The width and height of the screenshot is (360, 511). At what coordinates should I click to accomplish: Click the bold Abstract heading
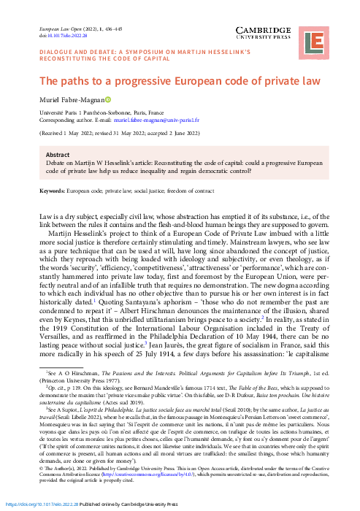[x=57, y=155]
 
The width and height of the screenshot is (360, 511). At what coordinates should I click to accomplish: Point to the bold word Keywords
[x=53, y=190]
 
